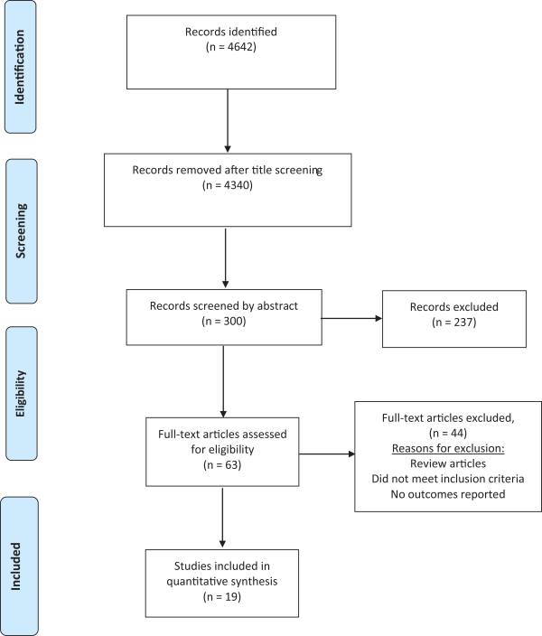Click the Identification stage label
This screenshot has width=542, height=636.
click(x=20, y=67)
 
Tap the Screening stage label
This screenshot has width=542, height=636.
click(x=21, y=230)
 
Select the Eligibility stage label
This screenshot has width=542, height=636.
click(x=20, y=394)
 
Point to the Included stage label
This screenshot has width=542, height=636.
click(x=15, y=566)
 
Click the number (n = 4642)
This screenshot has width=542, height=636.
click(x=231, y=47)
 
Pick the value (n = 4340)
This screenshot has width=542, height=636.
click(x=227, y=185)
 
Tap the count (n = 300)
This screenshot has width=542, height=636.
click(x=223, y=322)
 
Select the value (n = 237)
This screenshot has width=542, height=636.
click(x=454, y=322)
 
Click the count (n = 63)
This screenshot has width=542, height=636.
click(x=222, y=465)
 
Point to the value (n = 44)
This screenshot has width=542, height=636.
click(x=448, y=434)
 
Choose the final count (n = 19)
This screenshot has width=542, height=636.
click(x=222, y=597)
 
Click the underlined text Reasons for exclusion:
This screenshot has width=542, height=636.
click(x=448, y=449)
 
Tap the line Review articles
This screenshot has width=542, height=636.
click(x=448, y=463)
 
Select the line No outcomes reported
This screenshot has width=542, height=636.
click(x=448, y=494)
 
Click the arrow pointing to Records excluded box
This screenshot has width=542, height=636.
click(x=351, y=318)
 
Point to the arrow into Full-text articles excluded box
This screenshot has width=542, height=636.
click(x=327, y=454)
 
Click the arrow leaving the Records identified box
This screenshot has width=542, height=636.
click(x=228, y=121)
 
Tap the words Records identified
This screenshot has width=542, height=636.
click(x=231, y=32)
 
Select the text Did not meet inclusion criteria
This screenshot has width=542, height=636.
click(x=448, y=479)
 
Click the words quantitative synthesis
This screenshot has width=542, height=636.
click(x=222, y=582)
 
